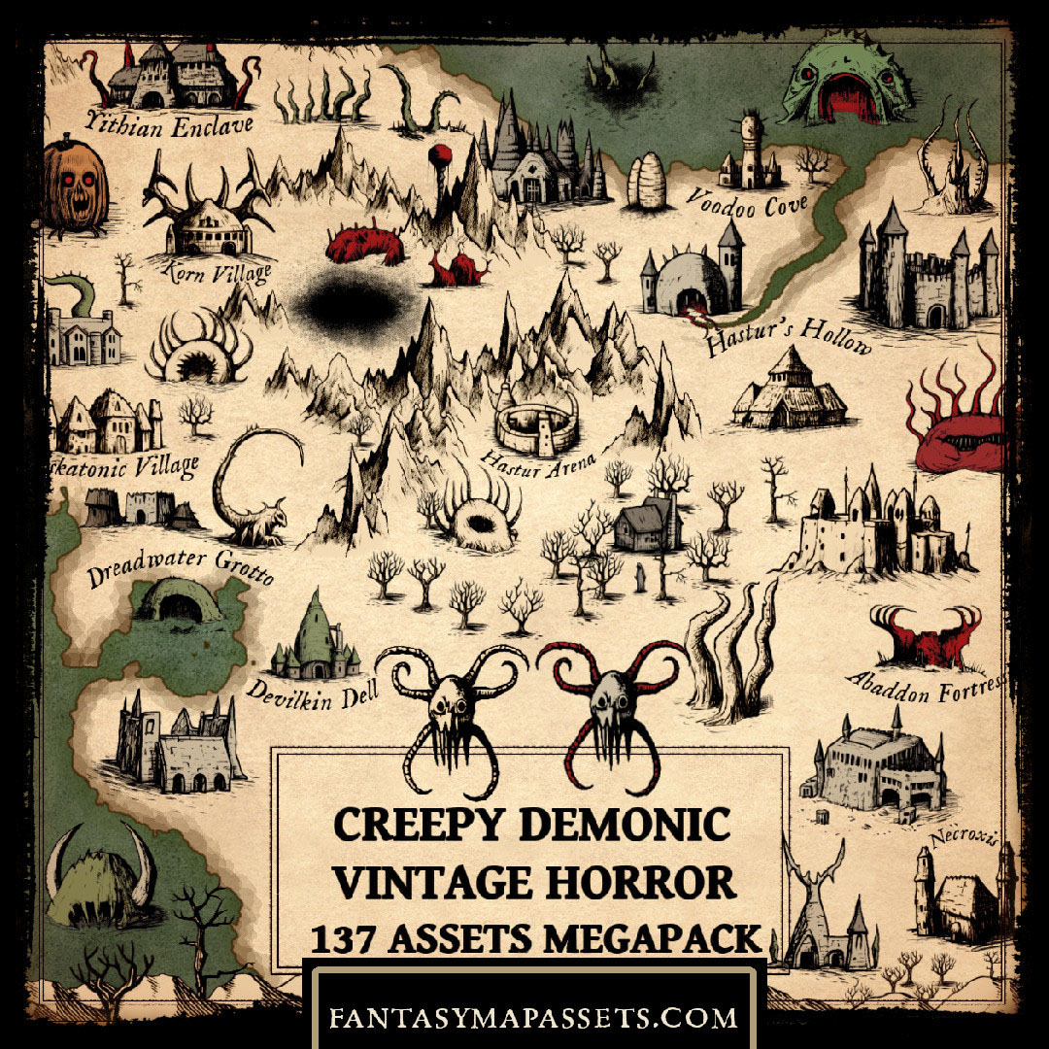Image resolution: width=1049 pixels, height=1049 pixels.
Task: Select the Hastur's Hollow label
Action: coord(789,333)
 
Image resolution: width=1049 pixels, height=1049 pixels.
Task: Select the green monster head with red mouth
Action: coord(847,84)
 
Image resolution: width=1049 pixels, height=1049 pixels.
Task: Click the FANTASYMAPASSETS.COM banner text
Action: coord(532,1017)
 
